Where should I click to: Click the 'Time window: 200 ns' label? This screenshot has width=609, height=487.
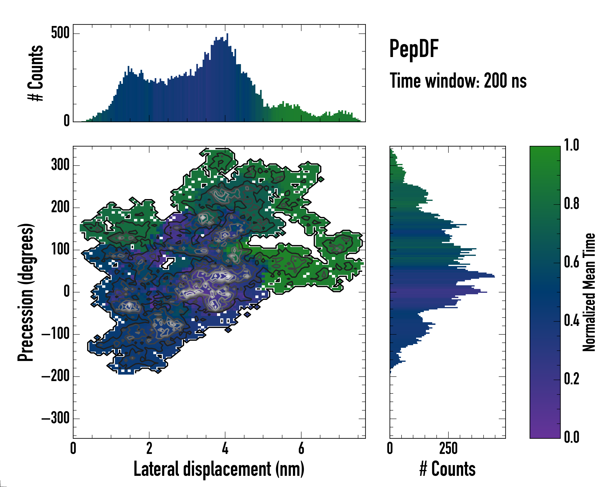(458, 81)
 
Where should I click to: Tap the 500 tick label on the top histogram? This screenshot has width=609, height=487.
(60, 33)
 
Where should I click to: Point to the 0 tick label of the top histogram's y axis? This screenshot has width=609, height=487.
(66, 121)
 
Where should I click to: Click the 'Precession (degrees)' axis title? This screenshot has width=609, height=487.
(26, 292)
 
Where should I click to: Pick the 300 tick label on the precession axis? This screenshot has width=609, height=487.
(60, 165)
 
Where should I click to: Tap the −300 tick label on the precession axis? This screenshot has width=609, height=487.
(55, 418)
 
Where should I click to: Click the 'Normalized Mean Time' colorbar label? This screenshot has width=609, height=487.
(589, 292)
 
